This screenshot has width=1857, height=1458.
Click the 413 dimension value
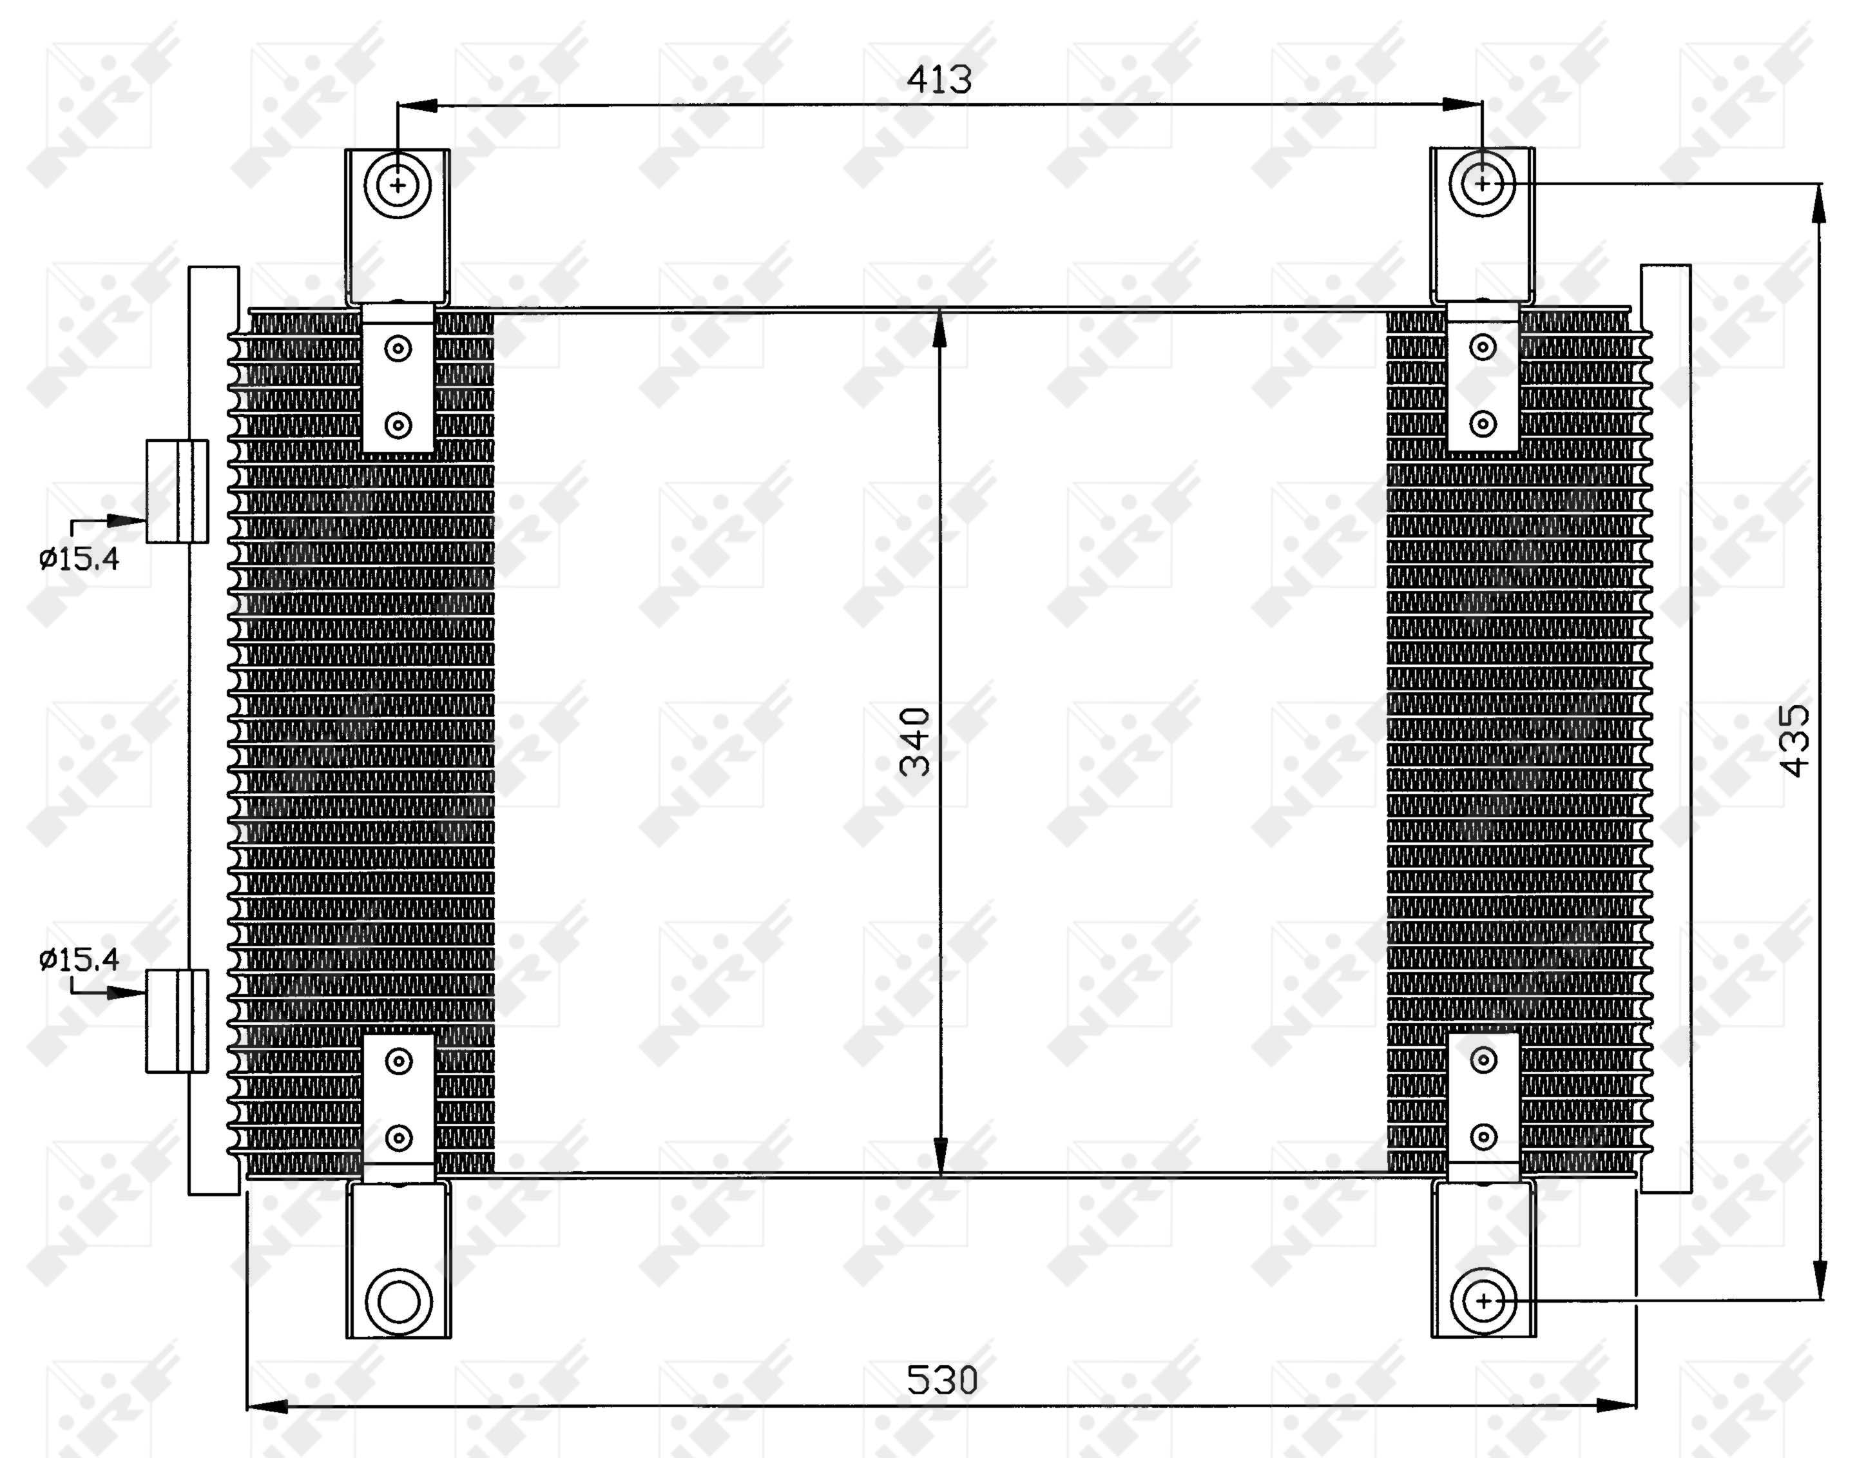pos(939,79)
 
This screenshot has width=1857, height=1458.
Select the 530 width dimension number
pos(941,1379)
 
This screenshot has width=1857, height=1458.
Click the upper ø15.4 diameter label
pos(79,559)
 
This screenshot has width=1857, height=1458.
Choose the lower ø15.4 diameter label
pos(79,960)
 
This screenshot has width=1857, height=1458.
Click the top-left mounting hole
pos(398,184)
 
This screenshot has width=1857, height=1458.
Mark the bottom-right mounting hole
pos(1484,1301)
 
